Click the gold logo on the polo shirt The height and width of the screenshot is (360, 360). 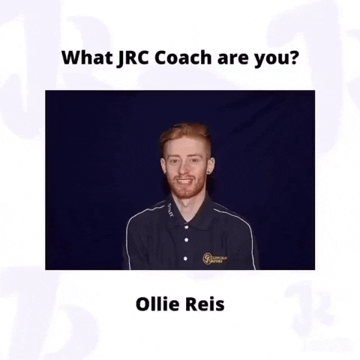pos(214,259)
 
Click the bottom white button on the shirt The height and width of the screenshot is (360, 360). pos(185,259)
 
